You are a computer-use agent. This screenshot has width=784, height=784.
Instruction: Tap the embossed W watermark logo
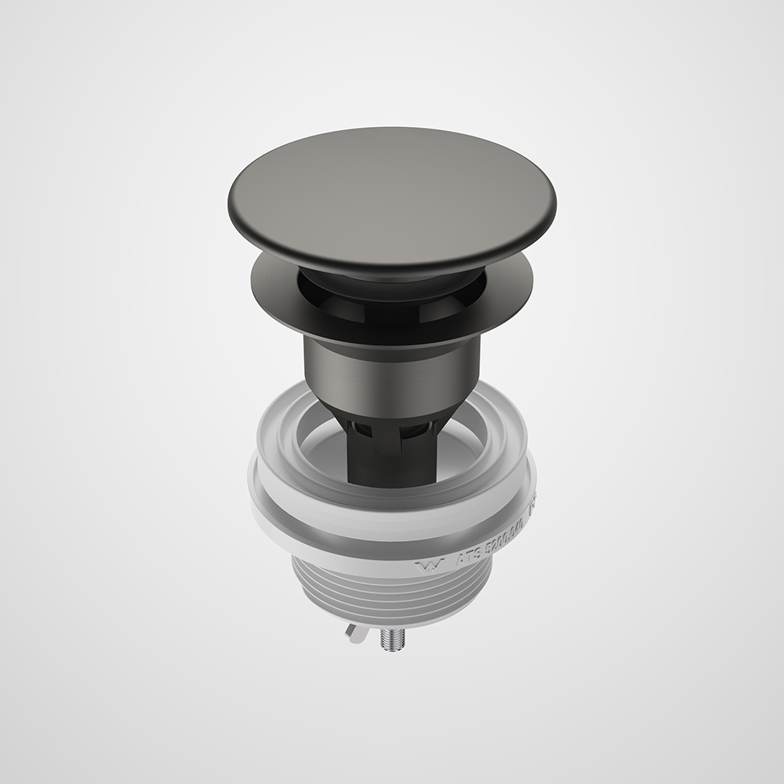click(x=429, y=563)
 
